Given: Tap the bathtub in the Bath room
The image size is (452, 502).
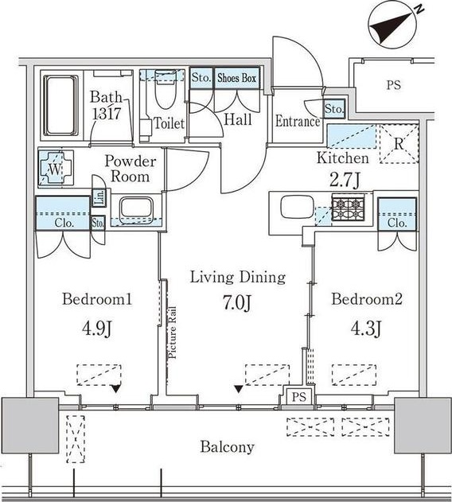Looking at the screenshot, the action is click(x=60, y=105).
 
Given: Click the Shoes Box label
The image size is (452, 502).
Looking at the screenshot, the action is click(x=236, y=78).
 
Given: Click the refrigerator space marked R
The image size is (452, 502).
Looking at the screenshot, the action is click(x=399, y=144).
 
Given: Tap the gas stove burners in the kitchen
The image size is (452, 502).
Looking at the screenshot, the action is click(x=348, y=209).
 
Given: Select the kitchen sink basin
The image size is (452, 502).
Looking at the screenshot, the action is click(x=296, y=207).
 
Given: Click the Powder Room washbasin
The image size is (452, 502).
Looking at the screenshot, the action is click(x=136, y=208).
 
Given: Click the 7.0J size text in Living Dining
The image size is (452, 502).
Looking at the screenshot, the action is click(x=237, y=303).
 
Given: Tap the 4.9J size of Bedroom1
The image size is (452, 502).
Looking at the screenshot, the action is click(x=97, y=329).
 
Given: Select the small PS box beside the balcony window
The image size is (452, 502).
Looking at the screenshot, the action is click(x=298, y=397).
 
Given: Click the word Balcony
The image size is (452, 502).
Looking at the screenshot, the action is click(x=227, y=446).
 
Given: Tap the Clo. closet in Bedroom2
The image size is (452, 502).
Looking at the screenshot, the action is click(x=397, y=214).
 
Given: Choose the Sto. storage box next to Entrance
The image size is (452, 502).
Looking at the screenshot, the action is click(x=334, y=109).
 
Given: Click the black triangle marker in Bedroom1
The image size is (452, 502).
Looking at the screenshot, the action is click(x=115, y=389).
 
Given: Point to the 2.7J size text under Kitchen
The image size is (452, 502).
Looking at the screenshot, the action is click(x=345, y=181).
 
